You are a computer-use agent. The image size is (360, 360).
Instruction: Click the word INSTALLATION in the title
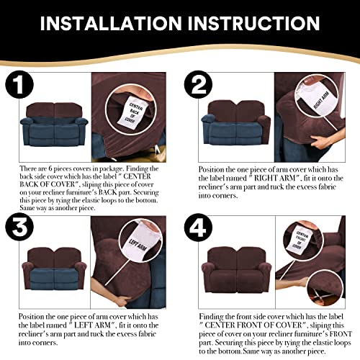pos(116,25)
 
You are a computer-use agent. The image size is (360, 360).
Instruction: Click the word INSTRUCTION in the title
pos(253,25)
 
